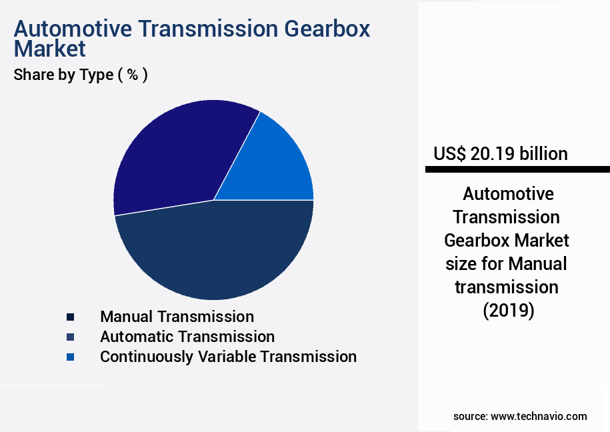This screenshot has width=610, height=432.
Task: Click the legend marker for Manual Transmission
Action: pyautogui.click(x=70, y=317)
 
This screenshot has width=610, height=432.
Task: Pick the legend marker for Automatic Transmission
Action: pyautogui.click(x=70, y=337)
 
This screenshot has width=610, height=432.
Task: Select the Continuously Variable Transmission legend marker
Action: pyautogui.click(x=70, y=357)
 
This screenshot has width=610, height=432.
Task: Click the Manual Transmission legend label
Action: pyautogui.click(x=177, y=317)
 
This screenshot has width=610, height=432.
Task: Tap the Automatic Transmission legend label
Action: pyautogui.click(x=187, y=337)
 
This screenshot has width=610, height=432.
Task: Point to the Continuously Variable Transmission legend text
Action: pyautogui.click(x=228, y=357)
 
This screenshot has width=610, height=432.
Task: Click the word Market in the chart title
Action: pyautogui.click(x=49, y=49)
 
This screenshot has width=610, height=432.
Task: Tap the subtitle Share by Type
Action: pyautogui.click(x=63, y=75)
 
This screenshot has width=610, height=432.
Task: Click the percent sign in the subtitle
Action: pyautogui.click(x=133, y=75)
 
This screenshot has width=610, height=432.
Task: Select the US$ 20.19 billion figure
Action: pyautogui.click(x=500, y=154)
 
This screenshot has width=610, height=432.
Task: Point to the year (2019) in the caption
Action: pyautogui.click(x=508, y=311)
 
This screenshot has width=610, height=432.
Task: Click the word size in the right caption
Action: pyautogui.click(x=463, y=264)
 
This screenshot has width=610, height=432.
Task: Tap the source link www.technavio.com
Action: pyautogui.click(x=539, y=416)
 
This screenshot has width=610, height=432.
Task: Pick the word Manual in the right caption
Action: pyautogui.click(x=537, y=264)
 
